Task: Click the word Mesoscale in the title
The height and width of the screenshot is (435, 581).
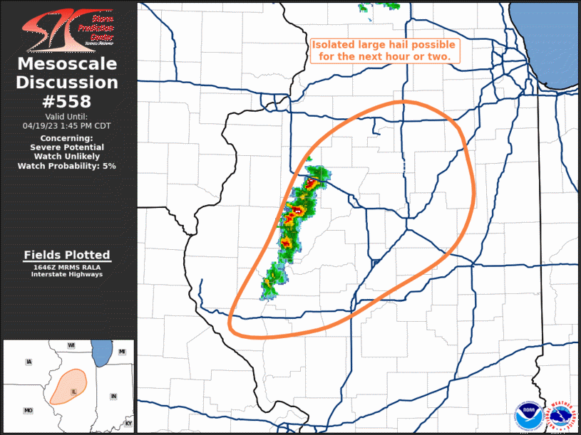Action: pos(67,65)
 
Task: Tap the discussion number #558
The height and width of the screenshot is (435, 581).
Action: pos(67,100)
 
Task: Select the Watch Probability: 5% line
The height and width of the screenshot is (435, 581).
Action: pos(67,165)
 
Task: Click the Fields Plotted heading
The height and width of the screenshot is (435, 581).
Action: pos(67,255)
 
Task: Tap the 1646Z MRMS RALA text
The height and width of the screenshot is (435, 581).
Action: pos(67,267)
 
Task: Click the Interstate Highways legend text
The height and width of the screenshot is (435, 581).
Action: pos(67,274)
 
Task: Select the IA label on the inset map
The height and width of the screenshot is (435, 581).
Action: pos(29,362)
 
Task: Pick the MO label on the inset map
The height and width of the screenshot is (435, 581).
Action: pos(29,411)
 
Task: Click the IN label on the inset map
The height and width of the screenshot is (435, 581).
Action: pos(113,396)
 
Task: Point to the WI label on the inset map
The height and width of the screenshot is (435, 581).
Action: pos(71,345)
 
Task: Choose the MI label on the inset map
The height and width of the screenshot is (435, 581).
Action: pos(122,352)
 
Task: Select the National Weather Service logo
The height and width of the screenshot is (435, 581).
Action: pos(560,415)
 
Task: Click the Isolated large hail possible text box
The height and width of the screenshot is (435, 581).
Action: pos(384,49)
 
